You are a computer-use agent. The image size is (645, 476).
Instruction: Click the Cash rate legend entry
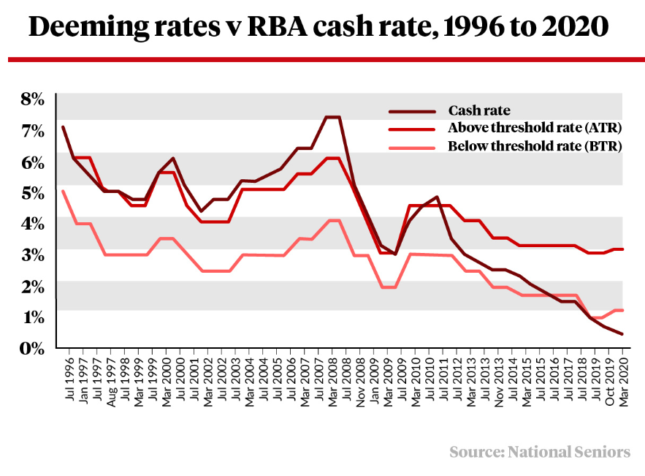click(x=479, y=111)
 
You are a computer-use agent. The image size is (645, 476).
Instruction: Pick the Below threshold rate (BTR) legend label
click(x=535, y=146)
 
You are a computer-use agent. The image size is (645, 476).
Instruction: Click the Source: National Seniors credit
click(x=540, y=452)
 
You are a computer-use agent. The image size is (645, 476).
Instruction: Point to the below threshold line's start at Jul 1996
click(x=63, y=191)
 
